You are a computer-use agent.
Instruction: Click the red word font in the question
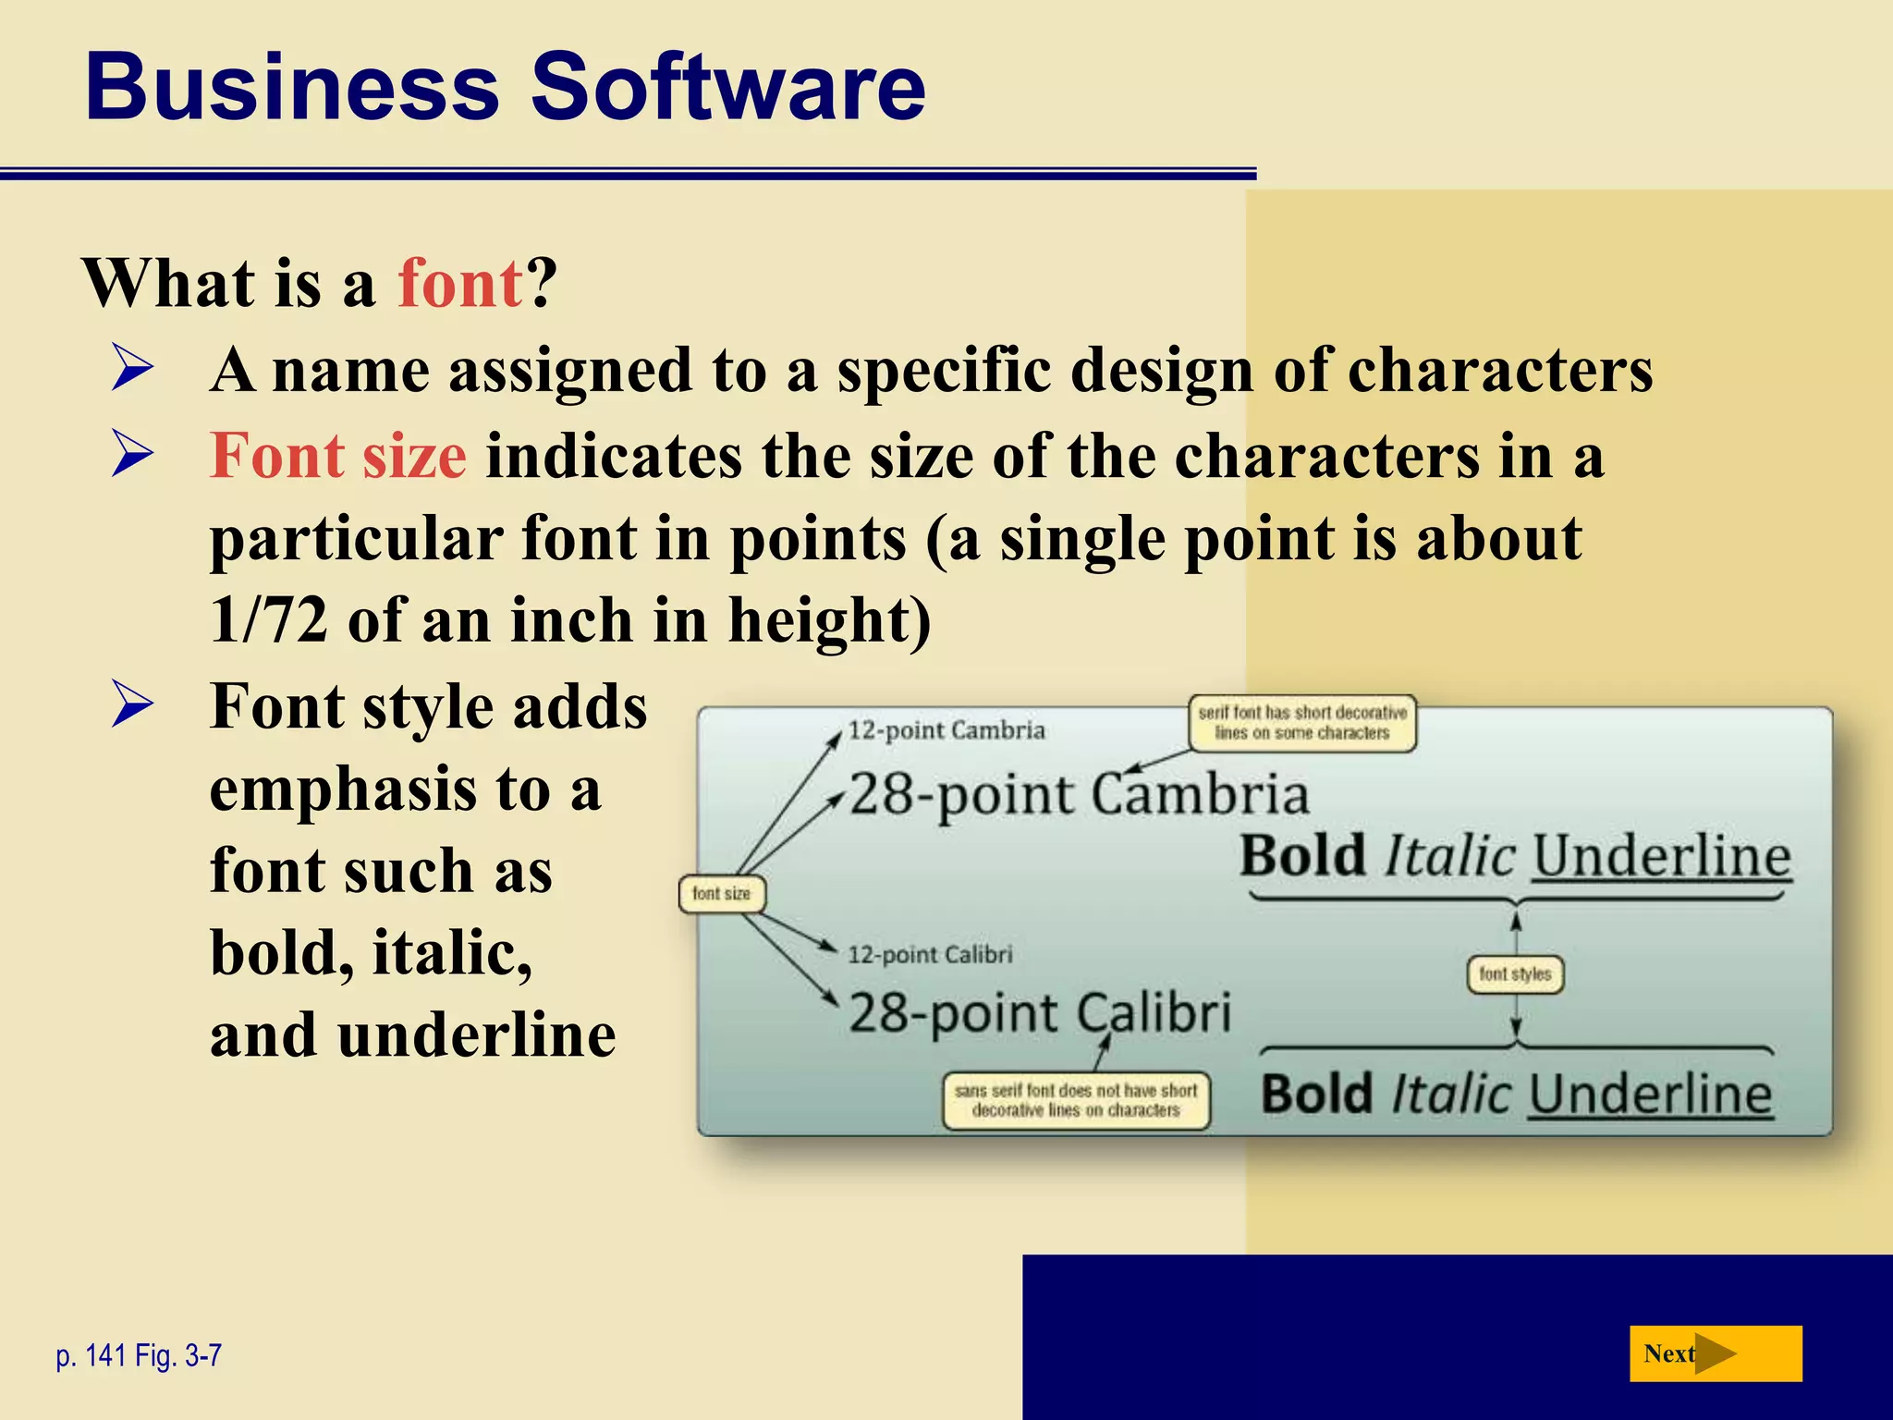coord(460,283)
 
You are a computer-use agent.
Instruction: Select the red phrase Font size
coord(338,456)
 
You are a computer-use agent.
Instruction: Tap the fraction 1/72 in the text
coord(268,619)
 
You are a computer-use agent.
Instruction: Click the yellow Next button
coord(1715,1353)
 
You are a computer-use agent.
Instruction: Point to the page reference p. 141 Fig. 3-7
coord(139,1355)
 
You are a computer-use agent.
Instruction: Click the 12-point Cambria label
coord(946,730)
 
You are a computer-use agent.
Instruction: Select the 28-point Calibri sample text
coord(1040,1012)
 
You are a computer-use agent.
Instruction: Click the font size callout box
coord(721,894)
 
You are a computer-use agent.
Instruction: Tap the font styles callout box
coord(1515,973)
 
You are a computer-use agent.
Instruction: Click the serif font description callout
coord(1301,723)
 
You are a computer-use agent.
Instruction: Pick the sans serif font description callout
coord(1076,1100)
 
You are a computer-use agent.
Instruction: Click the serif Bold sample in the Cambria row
coord(1302,856)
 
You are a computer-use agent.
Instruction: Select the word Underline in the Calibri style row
coord(1650,1095)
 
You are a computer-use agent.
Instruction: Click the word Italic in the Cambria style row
coord(1449,856)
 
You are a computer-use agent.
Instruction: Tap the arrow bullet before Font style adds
coord(132,704)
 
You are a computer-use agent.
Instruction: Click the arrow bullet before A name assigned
coord(132,368)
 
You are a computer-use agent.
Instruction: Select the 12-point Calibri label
coord(930,954)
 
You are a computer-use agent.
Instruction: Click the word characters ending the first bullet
coord(1499,370)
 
